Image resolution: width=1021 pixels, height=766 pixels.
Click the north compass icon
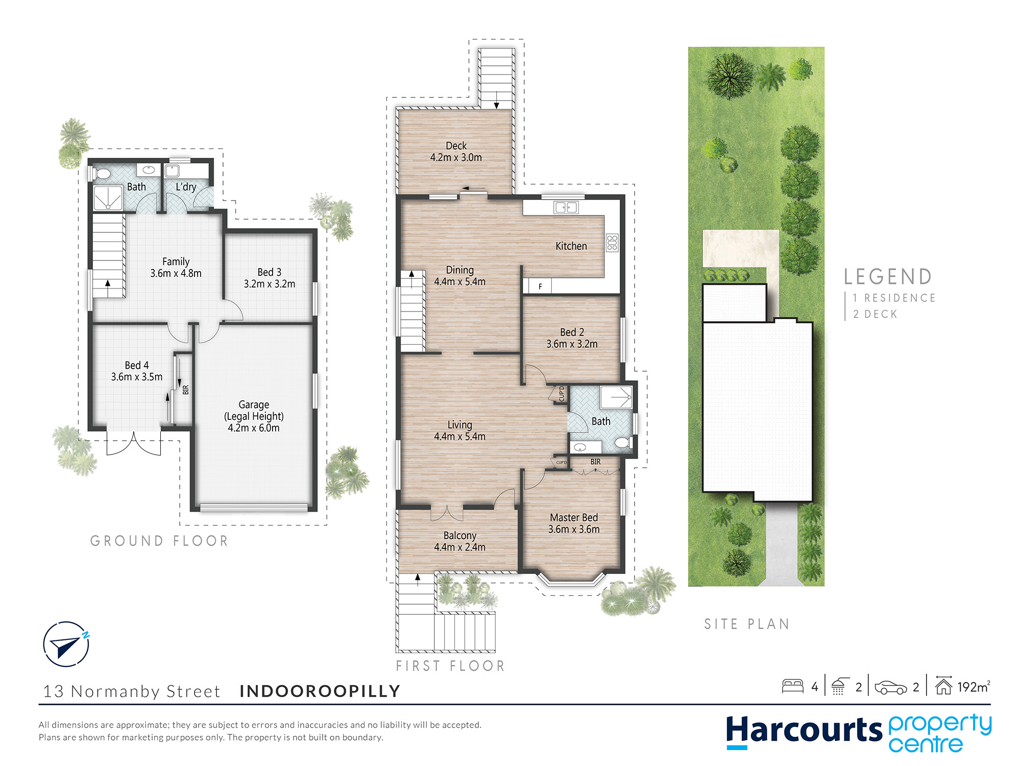pos(66,644)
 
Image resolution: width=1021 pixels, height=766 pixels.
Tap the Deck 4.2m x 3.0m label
pos(456,152)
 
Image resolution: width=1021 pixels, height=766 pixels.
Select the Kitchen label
pos(571,246)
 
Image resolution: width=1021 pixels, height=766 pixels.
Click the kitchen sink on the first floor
pos(566,207)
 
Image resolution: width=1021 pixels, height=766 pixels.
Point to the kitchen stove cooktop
pos(612,243)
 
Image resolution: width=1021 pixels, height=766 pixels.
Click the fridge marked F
pos(540,286)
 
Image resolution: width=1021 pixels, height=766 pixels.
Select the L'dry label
pos(186,187)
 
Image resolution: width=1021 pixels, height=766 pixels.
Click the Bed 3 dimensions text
pos(270,284)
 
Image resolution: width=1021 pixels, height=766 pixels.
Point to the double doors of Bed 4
pos(134,443)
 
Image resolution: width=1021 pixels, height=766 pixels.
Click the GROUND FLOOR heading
pos(159,541)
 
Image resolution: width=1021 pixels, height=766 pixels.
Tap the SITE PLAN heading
pos(747,624)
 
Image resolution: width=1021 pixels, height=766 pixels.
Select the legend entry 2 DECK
pos(875,314)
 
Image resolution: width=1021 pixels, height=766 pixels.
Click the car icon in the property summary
pos(890,687)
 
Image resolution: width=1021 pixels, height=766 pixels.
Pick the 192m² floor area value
pos(974,687)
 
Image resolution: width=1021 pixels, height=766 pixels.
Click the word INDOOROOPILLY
pos(320,691)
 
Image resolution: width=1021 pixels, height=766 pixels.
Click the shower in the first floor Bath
pos(616,397)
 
